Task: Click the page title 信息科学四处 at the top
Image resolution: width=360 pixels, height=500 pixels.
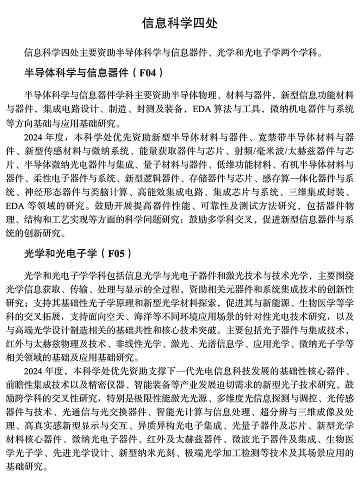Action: point(179,23)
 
